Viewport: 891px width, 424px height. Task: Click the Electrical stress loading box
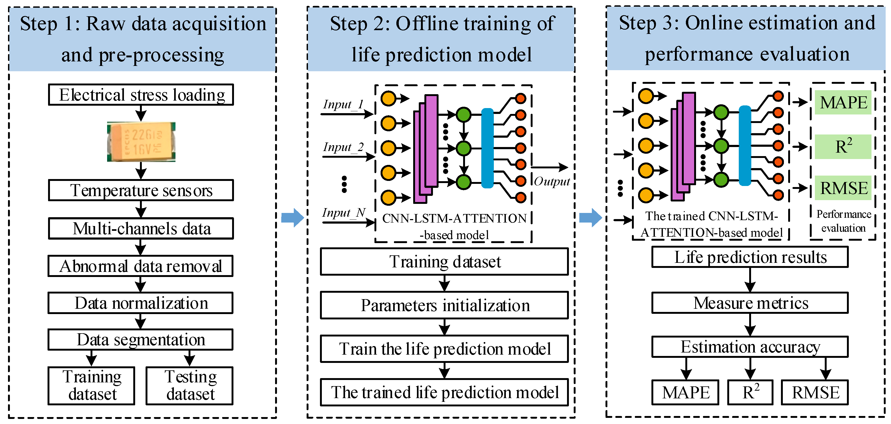(x=141, y=95)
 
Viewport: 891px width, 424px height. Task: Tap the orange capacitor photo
(x=141, y=142)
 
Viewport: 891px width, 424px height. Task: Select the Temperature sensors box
(x=141, y=190)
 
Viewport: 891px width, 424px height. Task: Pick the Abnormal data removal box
(x=140, y=266)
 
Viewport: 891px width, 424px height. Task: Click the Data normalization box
(x=140, y=303)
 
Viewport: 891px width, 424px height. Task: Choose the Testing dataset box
(x=190, y=386)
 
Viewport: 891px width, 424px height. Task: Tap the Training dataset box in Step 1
(x=91, y=386)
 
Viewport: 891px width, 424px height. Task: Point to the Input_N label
(x=344, y=212)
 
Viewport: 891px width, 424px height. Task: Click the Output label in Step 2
(x=552, y=181)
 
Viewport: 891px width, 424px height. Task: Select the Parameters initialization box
(x=444, y=305)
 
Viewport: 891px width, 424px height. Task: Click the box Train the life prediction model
(x=444, y=349)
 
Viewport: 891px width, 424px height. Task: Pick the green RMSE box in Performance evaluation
(x=843, y=188)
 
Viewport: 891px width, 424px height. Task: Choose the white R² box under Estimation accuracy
(x=750, y=392)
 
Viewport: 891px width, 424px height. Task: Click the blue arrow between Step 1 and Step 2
(x=293, y=218)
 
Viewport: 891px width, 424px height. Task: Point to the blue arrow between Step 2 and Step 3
(x=591, y=218)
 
